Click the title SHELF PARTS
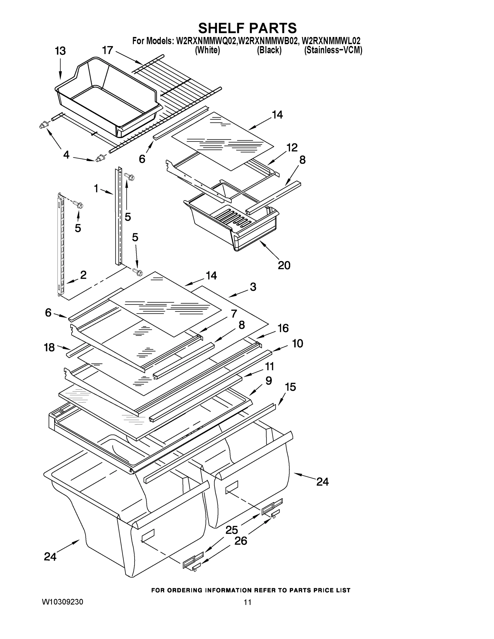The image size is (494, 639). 247,28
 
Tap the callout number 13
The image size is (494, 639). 60,51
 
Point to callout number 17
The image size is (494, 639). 107,50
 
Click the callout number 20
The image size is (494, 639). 284,265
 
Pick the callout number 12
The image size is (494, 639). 292,148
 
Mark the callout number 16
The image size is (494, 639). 283,328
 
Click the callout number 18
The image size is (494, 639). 49,347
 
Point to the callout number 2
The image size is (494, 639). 83,275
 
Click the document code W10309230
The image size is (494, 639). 62,602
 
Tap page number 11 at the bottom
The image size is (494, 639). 248,602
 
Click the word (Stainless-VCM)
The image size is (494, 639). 333,50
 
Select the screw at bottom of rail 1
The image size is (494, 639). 137,272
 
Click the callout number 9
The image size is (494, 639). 268,381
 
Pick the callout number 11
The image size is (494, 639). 269,366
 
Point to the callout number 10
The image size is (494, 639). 297,343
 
